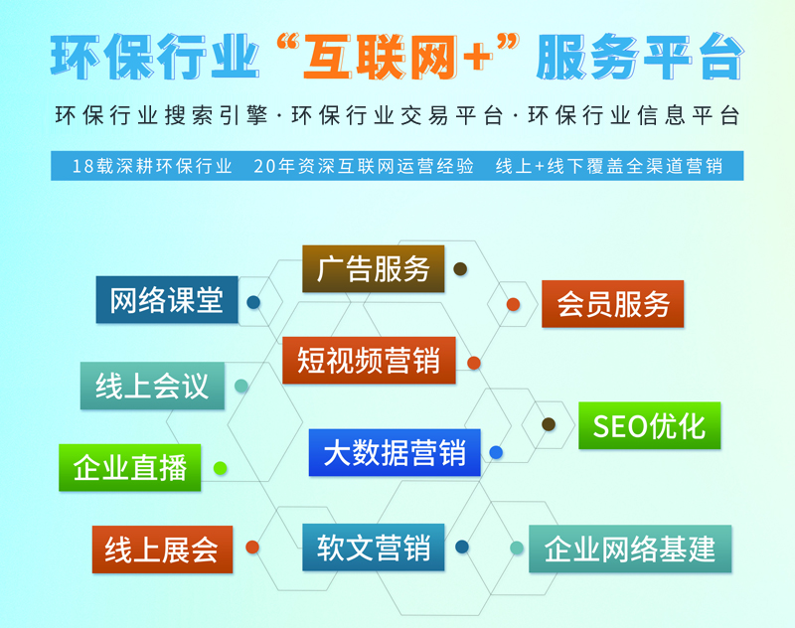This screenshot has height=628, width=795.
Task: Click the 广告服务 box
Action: pos(374,268)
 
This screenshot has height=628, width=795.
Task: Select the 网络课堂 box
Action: pos(167,299)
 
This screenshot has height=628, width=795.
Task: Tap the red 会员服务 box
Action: pos(613,304)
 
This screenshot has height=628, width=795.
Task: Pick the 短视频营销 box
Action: pos(369,360)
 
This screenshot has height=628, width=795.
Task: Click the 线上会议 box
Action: pos(152,386)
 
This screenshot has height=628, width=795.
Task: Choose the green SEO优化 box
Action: pos(649,425)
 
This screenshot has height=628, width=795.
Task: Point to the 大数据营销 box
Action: pos(395,453)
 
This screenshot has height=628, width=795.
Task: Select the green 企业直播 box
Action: pos(130,467)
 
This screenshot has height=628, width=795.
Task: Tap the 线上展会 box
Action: pos(162,549)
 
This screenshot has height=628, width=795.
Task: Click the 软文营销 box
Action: pos(374,547)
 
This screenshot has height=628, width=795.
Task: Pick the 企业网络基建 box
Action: pos(630,549)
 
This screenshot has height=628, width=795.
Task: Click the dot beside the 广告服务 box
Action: pos(460,268)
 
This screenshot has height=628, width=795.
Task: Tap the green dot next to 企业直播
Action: pos(221,467)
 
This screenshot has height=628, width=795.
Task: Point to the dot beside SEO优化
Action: pos(549,424)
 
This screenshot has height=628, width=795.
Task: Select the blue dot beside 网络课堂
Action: pos(254,302)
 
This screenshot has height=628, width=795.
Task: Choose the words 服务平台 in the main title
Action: pos(638,58)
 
